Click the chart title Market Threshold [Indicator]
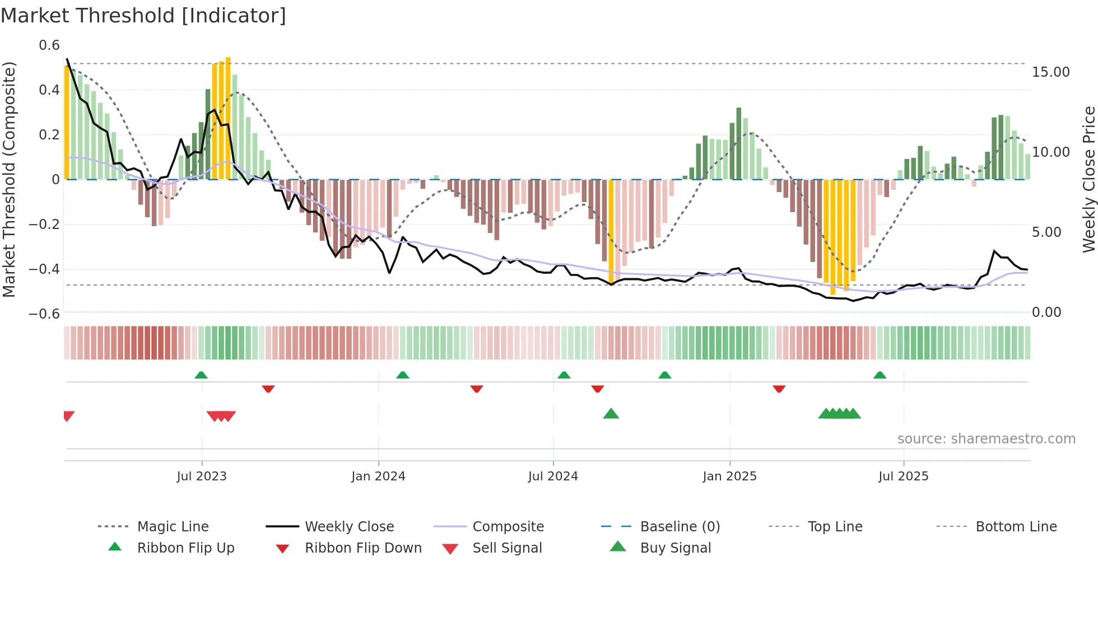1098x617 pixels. pos(143,16)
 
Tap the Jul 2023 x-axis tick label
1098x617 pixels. pos(202,476)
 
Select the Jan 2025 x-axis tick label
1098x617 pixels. pos(729,476)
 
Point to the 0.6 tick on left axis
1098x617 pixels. pos(49,45)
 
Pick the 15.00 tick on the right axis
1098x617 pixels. pos(1050,72)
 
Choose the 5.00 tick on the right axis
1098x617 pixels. pos(1046,232)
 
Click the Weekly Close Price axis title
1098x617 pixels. pos(1088,179)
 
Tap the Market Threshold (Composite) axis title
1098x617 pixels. pos(9,179)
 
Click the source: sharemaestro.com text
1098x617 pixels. pos(986,439)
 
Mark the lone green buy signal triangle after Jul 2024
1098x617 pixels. pos(611,414)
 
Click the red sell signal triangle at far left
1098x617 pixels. pos(68,416)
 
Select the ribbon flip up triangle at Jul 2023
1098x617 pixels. pos(201,375)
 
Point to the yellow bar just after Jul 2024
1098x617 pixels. pos(611,230)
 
